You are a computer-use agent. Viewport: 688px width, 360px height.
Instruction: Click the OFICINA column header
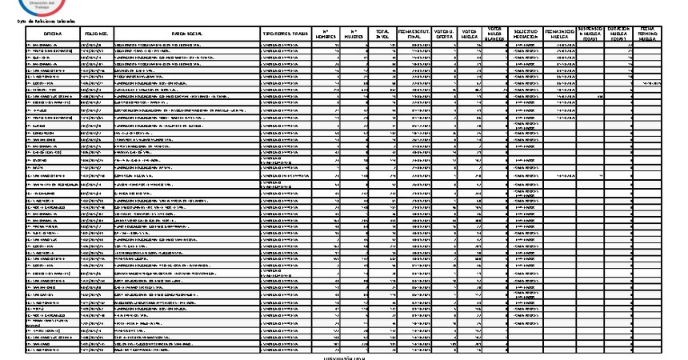[x=53, y=33]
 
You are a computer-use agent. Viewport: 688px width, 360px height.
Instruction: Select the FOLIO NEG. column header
[x=96, y=33]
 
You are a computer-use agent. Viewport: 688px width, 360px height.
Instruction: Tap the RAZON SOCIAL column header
[x=186, y=33]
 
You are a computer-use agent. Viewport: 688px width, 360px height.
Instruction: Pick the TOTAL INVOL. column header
[x=383, y=33]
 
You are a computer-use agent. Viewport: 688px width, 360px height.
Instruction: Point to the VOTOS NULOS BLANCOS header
[x=494, y=33]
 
